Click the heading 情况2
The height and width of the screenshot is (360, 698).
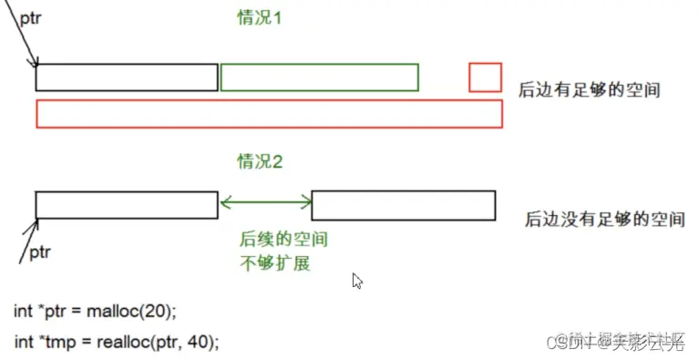[261, 162]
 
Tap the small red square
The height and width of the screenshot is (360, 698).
[486, 77]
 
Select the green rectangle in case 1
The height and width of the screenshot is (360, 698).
[319, 78]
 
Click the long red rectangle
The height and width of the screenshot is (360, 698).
[269, 114]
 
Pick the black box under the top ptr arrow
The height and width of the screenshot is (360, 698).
[127, 78]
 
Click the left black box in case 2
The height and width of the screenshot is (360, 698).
[127, 205]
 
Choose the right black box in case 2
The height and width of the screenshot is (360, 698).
[404, 205]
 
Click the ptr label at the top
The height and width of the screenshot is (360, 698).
[30, 17]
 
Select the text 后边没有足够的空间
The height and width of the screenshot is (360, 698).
[603, 220]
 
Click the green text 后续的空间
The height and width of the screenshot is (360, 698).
[283, 239]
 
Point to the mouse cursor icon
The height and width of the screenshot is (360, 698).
[358, 281]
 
